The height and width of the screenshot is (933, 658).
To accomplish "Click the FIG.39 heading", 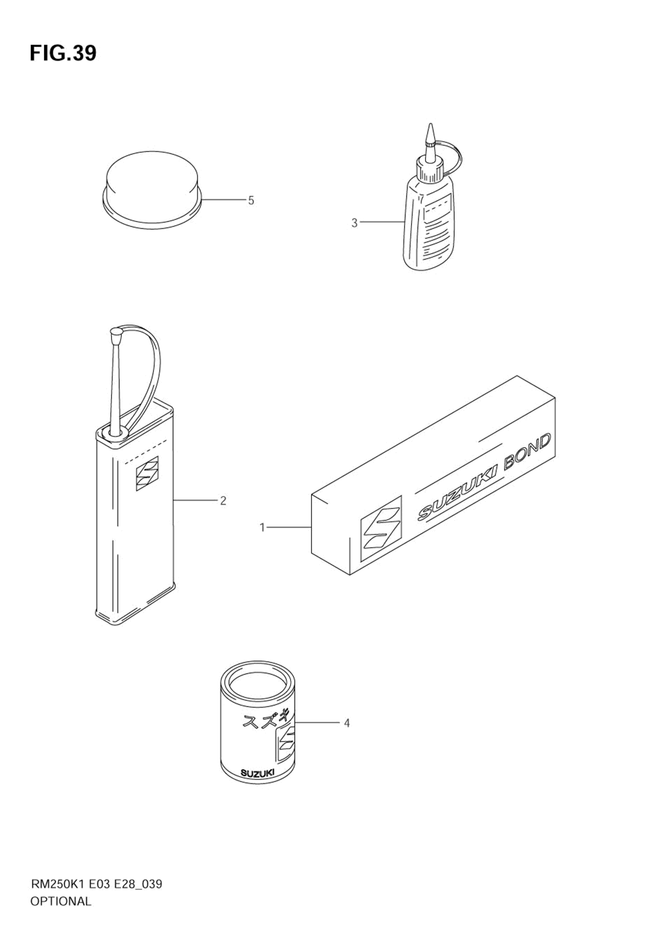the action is coord(63,53).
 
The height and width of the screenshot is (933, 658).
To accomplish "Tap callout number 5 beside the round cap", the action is coord(251,200).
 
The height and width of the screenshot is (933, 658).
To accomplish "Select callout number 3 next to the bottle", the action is coord(354,223).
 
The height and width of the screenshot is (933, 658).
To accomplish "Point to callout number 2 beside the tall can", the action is coord(223,501).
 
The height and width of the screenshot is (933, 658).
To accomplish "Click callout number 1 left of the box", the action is coord(262,527).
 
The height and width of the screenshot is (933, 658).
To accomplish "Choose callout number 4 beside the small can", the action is coord(346,724).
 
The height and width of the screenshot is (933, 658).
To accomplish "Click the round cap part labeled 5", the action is coord(153,188).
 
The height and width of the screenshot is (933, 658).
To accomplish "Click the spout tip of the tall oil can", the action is coord(116,335).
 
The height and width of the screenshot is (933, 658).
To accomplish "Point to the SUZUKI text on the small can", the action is coord(257,773).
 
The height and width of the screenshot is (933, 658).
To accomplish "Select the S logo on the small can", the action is coord(287,742).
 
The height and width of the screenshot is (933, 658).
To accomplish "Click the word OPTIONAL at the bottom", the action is coord(61,901).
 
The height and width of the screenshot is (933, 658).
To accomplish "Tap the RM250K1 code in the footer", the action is coord(53,884).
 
